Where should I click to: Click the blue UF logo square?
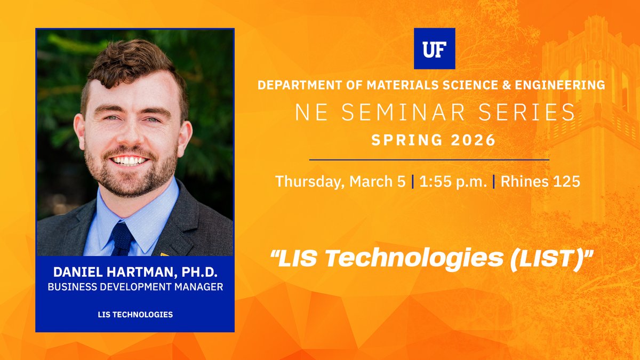tap(434, 49)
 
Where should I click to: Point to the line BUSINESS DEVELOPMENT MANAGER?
tap(135, 287)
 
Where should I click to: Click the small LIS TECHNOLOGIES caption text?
tap(135, 314)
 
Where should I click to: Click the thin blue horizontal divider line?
tap(429, 159)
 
